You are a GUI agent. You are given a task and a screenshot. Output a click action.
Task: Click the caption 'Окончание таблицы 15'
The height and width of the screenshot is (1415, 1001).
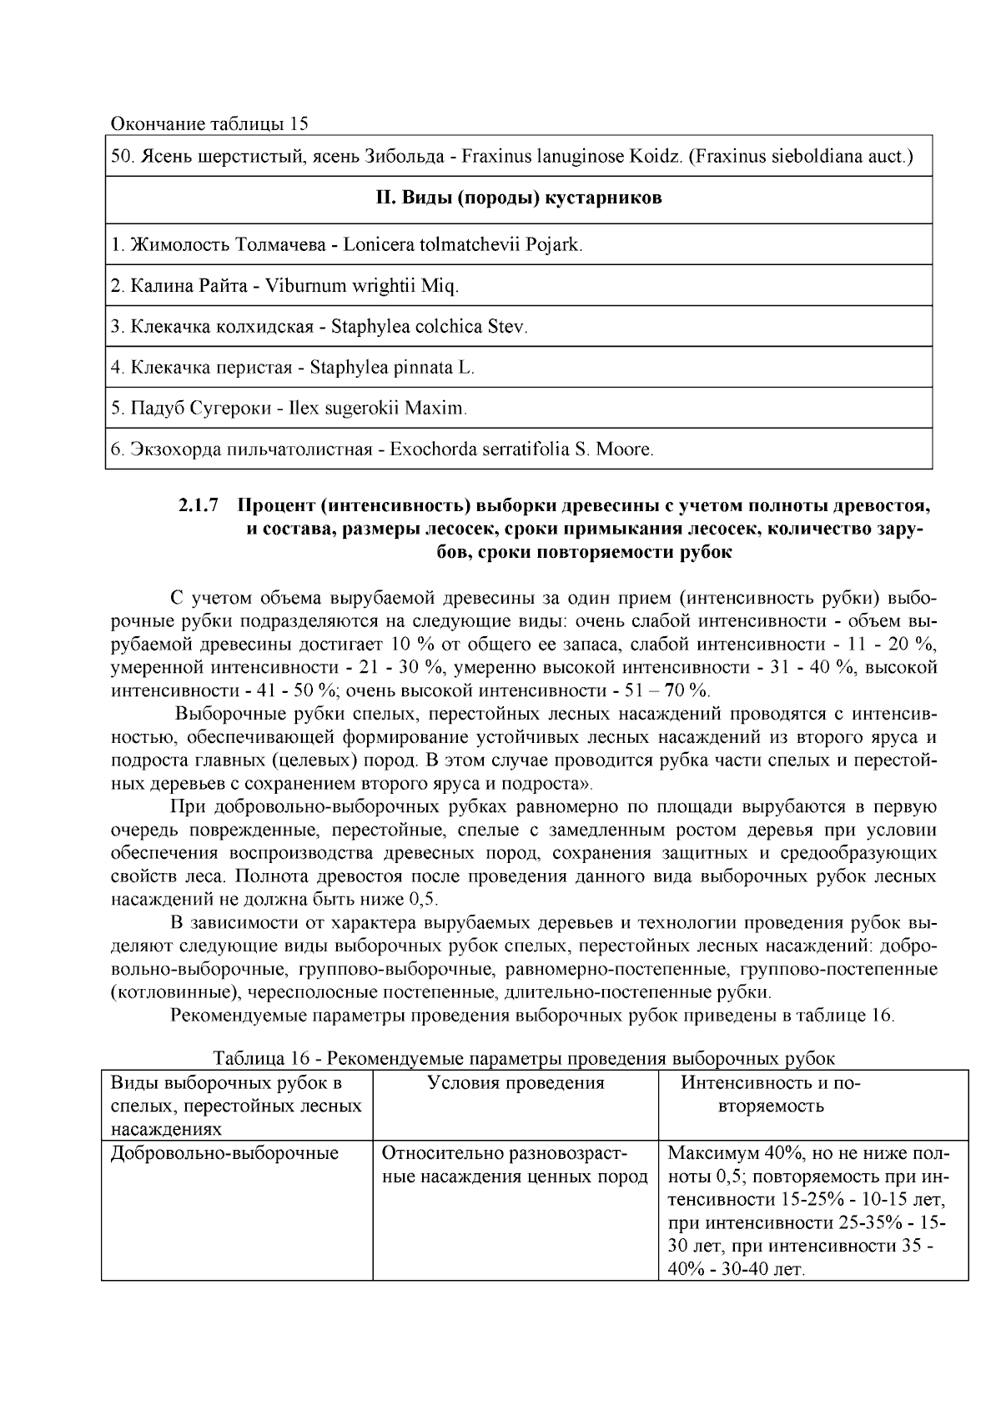point(210,124)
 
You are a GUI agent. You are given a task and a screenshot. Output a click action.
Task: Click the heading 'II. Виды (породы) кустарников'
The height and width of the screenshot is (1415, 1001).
point(518,198)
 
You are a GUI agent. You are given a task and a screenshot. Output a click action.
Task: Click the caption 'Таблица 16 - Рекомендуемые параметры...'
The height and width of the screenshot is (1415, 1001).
point(524,1058)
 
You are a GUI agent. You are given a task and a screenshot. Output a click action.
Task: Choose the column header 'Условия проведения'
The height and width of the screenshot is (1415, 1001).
point(516,1083)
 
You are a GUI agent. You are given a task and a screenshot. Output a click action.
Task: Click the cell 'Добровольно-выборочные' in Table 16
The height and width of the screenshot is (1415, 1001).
point(225,1153)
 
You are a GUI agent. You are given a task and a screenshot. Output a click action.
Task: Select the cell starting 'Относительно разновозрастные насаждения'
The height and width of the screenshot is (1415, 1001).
point(514,1165)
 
